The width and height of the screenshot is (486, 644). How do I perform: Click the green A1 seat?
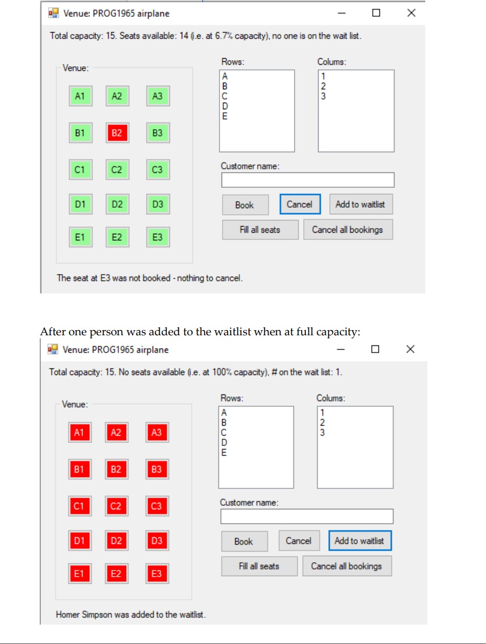coord(80,96)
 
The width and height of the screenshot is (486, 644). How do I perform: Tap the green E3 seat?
coord(157,237)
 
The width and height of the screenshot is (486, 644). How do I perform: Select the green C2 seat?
coord(117,170)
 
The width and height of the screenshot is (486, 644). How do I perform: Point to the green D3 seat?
coord(157,205)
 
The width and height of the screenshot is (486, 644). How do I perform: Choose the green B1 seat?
coord(80,133)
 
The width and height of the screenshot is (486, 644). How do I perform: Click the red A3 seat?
coord(156,432)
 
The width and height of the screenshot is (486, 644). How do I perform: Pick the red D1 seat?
coord(79,540)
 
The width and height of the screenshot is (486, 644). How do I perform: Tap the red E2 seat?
coord(116,574)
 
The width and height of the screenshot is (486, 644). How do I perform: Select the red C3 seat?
coord(156,506)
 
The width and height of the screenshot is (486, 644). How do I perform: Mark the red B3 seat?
coord(156,469)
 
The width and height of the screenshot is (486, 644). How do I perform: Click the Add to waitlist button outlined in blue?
coord(359,541)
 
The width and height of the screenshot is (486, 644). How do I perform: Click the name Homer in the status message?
coord(67,615)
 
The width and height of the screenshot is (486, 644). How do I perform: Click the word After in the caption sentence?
coord(51,332)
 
